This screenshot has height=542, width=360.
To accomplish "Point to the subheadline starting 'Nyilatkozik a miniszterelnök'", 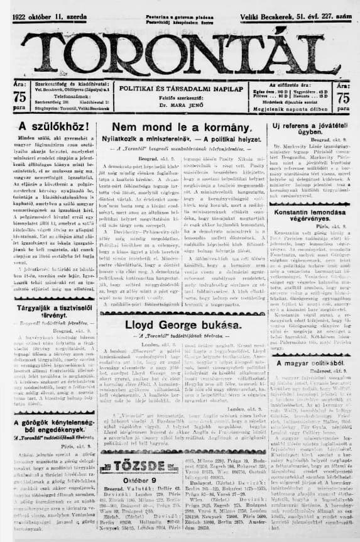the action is point(184,140).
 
